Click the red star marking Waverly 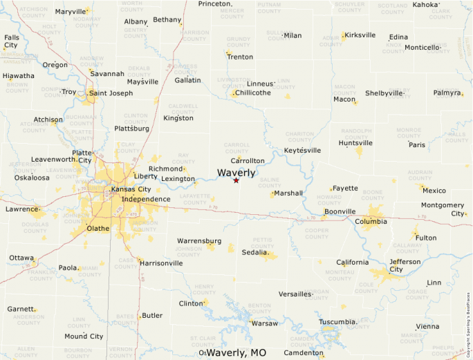coord(236,180)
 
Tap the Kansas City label coord(131,189)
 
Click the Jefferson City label coord(405,266)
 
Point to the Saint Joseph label coord(111,93)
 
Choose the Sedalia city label coord(254,252)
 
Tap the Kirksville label coord(360,35)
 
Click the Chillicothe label coord(251,93)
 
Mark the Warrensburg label coord(199,240)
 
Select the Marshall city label coord(288,193)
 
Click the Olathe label coord(98,228)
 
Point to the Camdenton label coord(303,353)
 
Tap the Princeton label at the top coord(214,4)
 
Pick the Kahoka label coord(425,5)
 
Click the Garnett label coord(21,309)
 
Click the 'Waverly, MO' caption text coord(236,352)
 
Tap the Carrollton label coord(248,160)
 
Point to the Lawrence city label coord(21,209)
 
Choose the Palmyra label coord(447,93)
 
